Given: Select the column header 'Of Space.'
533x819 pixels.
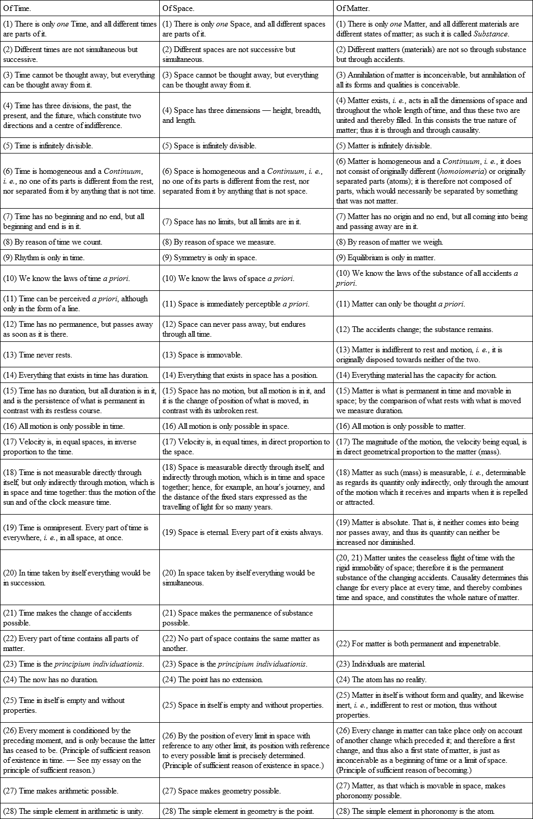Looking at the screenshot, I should click(177, 8).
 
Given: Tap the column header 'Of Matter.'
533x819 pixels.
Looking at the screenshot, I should click(353, 8).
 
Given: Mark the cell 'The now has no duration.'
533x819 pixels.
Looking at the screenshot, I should click(50, 680).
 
